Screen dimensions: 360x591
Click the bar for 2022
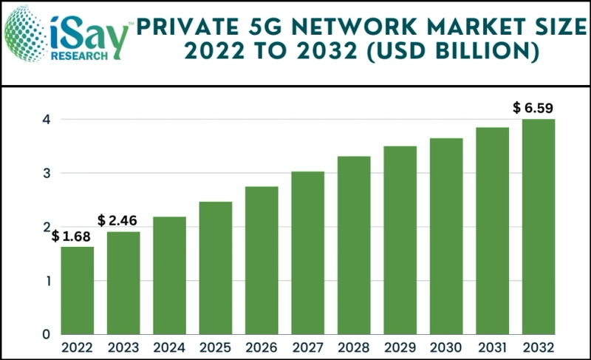click(x=77, y=291)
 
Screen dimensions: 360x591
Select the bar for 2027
click(x=307, y=253)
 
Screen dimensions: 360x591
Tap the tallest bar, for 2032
click(x=538, y=226)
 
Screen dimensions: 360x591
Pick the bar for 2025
click(x=215, y=268)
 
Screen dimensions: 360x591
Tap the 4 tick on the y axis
click(x=45, y=120)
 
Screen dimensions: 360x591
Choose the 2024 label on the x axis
click(x=169, y=347)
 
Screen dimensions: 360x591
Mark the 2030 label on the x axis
click(x=445, y=347)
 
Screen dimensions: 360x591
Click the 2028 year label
click(x=353, y=347)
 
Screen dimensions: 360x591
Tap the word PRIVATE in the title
click(x=184, y=27)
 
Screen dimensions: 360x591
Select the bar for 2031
click(x=492, y=231)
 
